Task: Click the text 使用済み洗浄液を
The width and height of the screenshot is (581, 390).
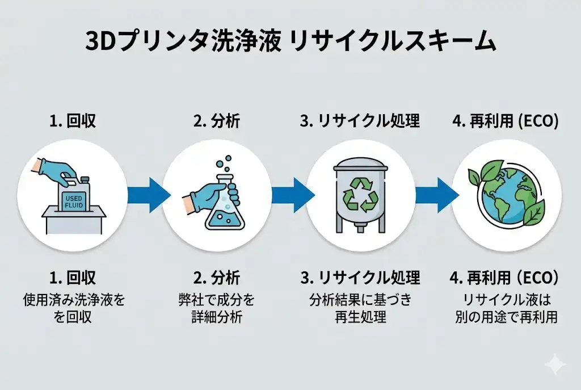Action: click(x=74, y=299)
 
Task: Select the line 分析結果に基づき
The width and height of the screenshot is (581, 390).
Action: click(x=360, y=299)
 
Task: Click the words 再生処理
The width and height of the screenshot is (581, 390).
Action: click(x=360, y=316)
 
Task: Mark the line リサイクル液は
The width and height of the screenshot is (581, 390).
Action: click(x=507, y=299)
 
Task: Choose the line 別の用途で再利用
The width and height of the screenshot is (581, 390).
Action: click(x=507, y=316)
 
